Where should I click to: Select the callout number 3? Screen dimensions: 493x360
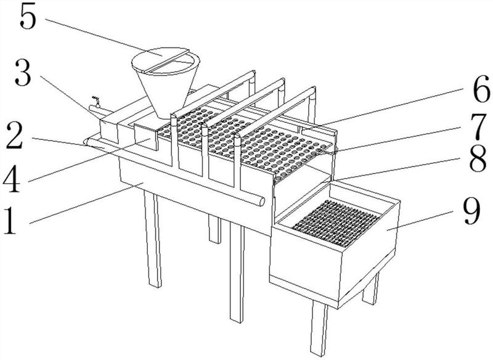[23, 73]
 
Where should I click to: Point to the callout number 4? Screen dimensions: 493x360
[12, 179]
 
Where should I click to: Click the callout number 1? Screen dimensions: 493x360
[10, 222]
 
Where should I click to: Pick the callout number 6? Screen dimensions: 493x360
[481, 89]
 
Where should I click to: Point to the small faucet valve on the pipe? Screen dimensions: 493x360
[96, 101]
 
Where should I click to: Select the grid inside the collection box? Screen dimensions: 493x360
[336, 223]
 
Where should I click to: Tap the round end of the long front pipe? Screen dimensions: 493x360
[261, 202]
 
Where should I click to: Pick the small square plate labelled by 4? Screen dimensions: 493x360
[145, 136]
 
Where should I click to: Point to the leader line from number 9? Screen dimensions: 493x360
[420, 221]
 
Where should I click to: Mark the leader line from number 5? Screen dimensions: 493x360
[104, 38]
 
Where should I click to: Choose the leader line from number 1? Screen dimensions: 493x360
[86, 203]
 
